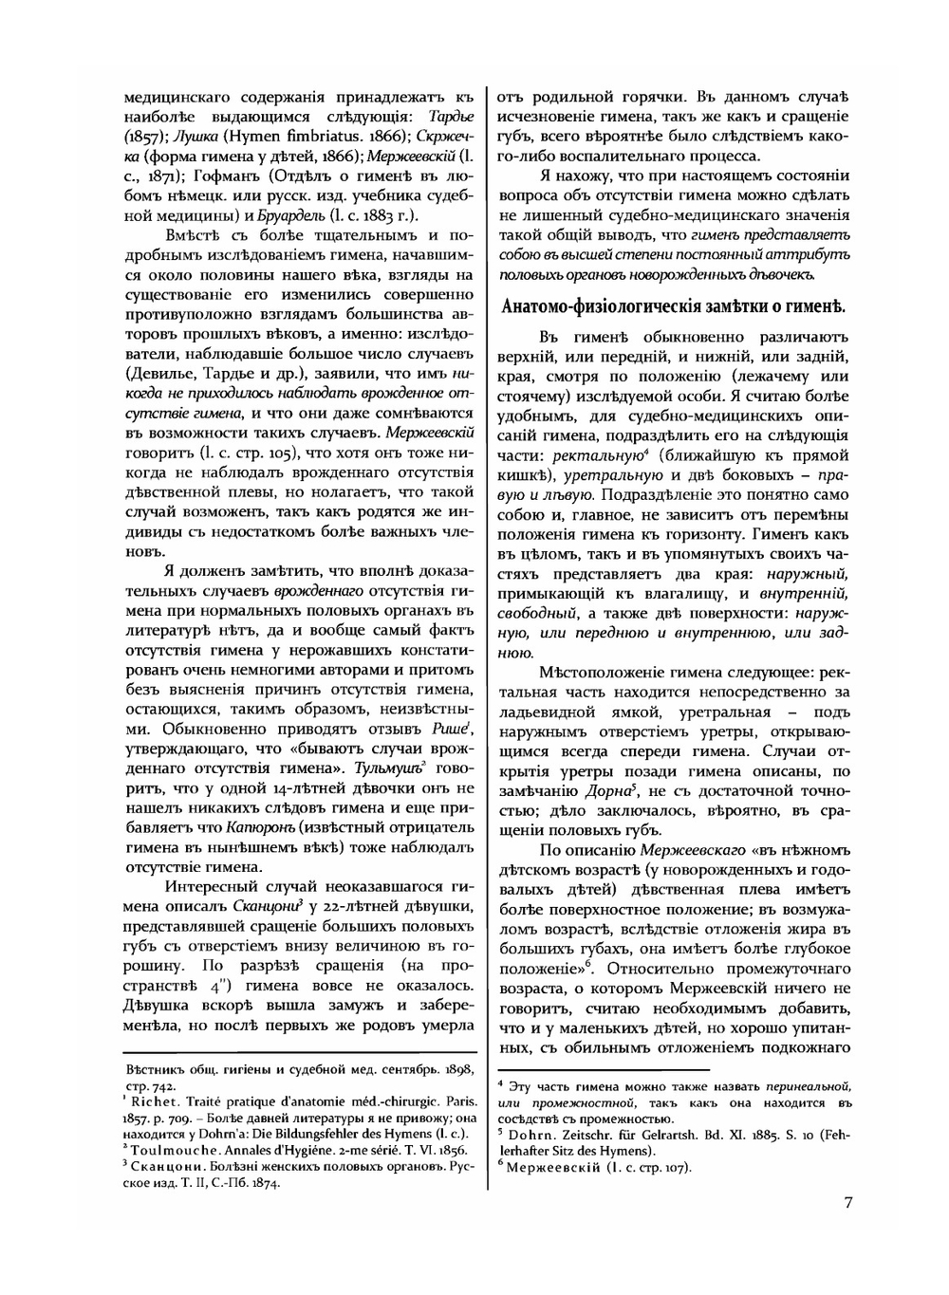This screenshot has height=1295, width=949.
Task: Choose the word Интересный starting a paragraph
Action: [x=214, y=887]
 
